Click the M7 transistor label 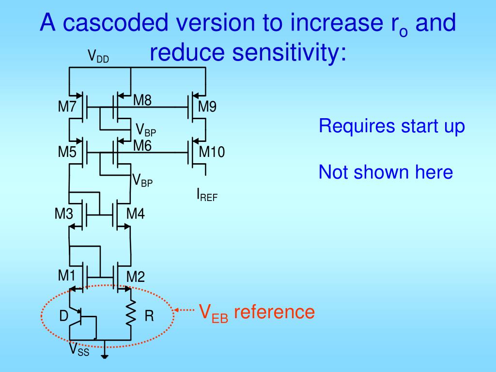67,107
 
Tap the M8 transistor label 142,101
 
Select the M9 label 207,107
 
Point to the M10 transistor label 212,152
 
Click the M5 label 67,152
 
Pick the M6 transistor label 142,145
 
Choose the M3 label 63,214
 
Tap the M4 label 136,214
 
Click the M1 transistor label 67,276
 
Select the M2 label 136,278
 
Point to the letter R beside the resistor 149,317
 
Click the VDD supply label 98,57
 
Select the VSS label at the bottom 79,349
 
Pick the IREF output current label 207,195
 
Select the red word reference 274,312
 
